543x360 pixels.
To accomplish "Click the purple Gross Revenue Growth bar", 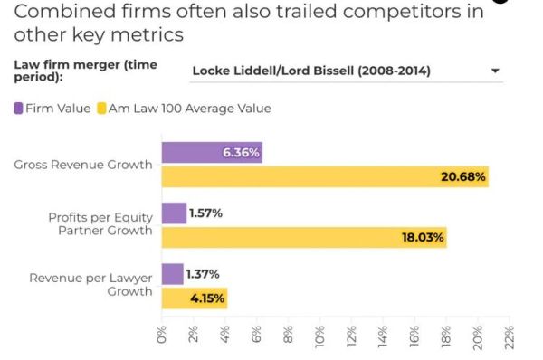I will tap(212, 153).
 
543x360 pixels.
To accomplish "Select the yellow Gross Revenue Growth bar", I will tap(325, 176).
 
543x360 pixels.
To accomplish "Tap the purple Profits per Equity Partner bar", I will tap(174, 213).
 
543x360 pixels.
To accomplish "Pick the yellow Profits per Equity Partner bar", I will tap(304, 237).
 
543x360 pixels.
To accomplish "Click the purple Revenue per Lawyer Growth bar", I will tap(172, 274).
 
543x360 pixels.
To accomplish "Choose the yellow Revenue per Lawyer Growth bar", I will tap(194, 297).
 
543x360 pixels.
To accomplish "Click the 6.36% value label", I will tap(241, 153).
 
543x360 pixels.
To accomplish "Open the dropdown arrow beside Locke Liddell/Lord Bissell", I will tap(495, 71).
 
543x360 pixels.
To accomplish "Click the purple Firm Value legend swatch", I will tap(19, 109).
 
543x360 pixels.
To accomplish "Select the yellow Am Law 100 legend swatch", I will tap(104, 109).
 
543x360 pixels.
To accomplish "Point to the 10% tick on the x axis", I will tap(320, 333).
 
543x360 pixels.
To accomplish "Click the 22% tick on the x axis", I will tap(510, 333).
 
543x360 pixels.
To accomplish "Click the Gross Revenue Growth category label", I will tap(83, 165).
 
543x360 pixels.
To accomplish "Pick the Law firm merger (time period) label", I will tap(79, 71).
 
